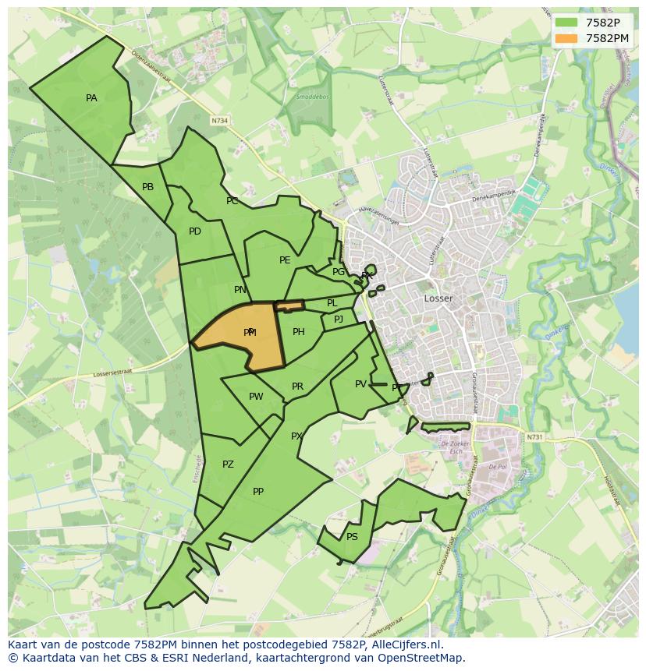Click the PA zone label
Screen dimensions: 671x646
(91, 98)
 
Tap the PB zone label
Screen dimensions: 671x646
(147, 187)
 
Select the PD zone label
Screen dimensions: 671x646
(194, 231)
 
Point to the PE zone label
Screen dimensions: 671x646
(285, 260)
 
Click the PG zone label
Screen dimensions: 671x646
(338, 272)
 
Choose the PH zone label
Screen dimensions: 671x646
(298, 332)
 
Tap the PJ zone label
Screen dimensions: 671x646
(338, 320)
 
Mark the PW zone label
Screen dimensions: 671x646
(255, 397)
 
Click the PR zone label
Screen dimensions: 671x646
(297, 387)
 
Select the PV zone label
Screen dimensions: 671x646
(360, 384)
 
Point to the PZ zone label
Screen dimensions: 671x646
(228, 464)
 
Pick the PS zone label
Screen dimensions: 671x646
(352, 537)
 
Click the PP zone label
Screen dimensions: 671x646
(258, 492)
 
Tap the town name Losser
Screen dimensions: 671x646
(438, 298)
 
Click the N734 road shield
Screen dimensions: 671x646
(219, 121)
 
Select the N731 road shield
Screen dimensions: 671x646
(534, 437)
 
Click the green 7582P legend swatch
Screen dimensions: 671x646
(566, 23)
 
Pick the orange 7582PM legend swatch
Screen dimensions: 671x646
(566, 38)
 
